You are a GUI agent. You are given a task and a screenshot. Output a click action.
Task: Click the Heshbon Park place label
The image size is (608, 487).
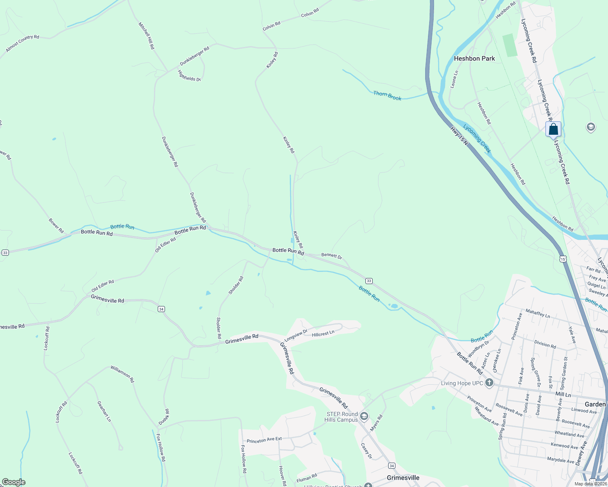pyautogui.click(x=474, y=58)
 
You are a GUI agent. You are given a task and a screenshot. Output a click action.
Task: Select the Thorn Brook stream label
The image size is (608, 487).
pyautogui.click(x=387, y=96)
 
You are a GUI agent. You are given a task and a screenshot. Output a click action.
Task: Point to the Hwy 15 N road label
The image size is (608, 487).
pyautogui.click(x=459, y=136)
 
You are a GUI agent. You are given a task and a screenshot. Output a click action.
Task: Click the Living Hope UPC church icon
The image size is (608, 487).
pyautogui.click(x=489, y=383)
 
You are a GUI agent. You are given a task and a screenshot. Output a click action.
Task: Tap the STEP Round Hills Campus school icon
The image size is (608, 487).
pyautogui.click(x=364, y=416)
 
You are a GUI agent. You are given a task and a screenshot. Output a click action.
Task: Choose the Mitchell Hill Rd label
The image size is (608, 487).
pyautogui.click(x=146, y=36)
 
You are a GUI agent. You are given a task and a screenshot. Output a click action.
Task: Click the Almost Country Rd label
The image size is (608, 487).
pyautogui.click(x=22, y=43)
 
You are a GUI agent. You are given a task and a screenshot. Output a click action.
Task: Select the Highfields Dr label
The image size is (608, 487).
pyautogui.click(x=189, y=76)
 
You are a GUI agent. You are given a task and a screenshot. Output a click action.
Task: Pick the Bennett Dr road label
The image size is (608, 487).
pyautogui.click(x=332, y=256)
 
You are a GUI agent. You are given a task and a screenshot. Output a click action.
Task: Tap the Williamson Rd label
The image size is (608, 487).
pyautogui.click(x=122, y=374)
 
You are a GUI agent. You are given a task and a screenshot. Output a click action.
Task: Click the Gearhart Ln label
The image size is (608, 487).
pyautogui.click(x=104, y=411)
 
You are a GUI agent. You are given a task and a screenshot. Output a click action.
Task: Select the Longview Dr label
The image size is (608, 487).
pyautogui.click(x=295, y=335)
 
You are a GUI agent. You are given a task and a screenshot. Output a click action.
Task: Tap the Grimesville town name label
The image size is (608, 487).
pyautogui.click(x=403, y=478)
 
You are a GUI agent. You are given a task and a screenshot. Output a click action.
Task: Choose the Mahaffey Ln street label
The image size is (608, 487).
pyautogui.click(x=538, y=313)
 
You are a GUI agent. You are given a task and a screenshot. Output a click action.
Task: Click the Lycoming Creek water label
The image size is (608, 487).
pyautogui.click(x=477, y=139)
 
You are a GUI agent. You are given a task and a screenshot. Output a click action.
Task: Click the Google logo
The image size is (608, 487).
pyautogui.click(x=13, y=482)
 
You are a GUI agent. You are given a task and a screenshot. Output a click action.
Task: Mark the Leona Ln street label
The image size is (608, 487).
pyautogui.click(x=454, y=79)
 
